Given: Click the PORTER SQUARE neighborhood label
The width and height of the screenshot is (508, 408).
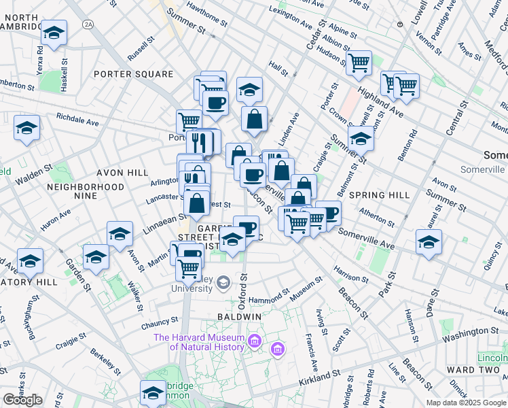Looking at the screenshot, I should (134, 73).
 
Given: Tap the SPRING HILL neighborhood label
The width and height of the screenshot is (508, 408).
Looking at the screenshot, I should (380, 194).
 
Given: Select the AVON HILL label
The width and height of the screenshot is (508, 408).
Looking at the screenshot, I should (117, 173).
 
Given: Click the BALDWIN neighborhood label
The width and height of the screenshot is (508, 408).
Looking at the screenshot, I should (240, 317).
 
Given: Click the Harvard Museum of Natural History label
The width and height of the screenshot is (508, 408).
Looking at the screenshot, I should (198, 342).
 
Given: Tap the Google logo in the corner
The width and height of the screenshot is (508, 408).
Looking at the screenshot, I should (22, 400).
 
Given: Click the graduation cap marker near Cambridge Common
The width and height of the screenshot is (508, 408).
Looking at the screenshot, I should (153, 392).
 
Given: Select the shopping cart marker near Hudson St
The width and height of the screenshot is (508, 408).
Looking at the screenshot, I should (359, 63).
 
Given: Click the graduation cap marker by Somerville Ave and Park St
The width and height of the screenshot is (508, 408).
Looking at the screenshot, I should (429, 242).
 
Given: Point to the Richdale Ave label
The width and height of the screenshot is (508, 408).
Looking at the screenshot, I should (77, 119).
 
